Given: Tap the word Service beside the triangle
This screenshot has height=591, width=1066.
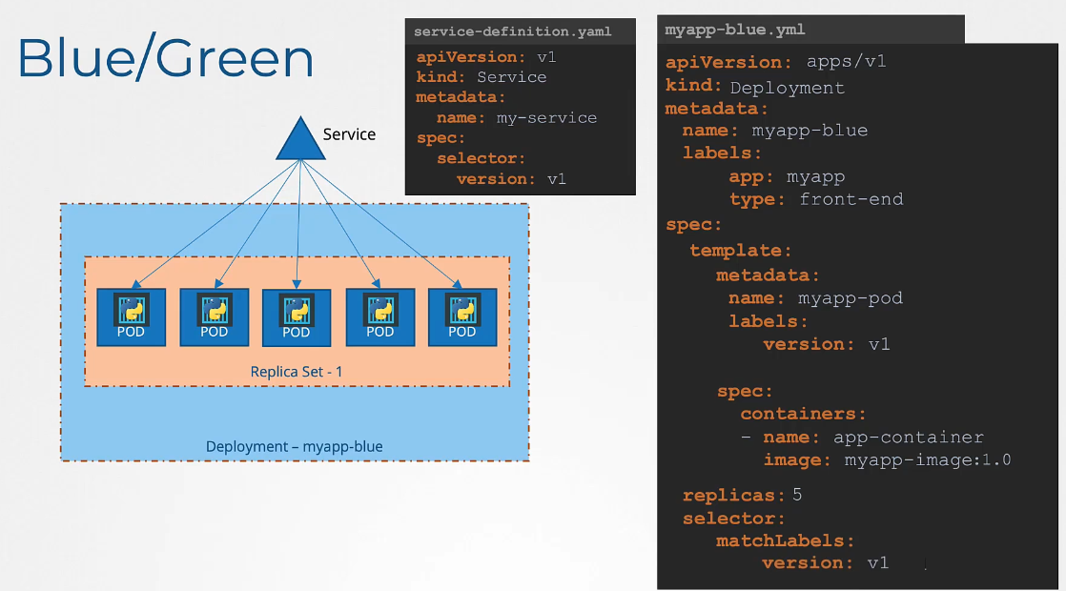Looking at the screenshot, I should coord(349,134).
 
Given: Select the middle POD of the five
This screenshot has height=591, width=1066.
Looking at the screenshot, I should coord(297,317).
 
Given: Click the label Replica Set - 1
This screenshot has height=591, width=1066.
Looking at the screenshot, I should coord(296,372).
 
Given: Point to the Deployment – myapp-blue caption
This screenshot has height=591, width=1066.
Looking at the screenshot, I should coord(295,446).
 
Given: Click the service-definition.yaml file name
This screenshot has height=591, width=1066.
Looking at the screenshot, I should coord(512,31).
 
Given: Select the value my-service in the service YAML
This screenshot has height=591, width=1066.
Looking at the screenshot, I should coord(546,118).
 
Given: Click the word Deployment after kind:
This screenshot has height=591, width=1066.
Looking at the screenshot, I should coord(788,88).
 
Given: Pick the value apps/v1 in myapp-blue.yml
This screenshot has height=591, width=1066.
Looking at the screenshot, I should coord(847,62).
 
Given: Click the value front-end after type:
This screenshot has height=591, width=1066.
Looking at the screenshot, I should coord(851,199).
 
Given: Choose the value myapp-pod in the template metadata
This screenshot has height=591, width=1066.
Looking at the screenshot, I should coord(851,298).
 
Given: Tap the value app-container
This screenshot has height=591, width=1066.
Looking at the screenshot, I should coord(909,438).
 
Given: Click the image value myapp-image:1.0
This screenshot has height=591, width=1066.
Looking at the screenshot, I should coord(928,460).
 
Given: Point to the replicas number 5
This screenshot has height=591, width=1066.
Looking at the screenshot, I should coord(797,496).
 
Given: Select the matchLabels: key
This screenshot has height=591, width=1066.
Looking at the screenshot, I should coord(786,540).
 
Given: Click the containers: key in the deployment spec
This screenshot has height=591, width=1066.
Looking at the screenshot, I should coord(804,414).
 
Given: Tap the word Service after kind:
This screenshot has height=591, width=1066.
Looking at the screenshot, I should coord(512,77).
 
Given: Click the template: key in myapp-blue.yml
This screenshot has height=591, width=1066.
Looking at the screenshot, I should coord(741,251).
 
